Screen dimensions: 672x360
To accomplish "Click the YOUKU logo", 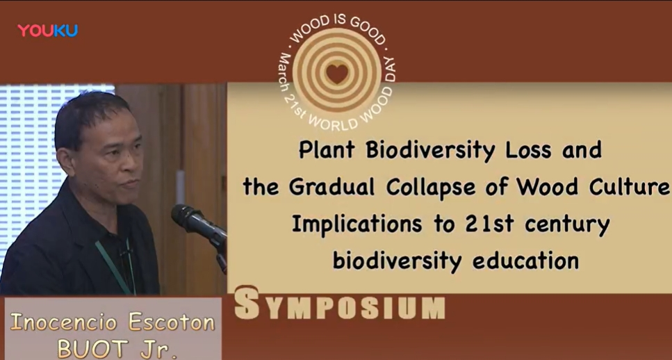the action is click(47, 31).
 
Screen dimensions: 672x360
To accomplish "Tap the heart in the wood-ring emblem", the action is click(337, 73).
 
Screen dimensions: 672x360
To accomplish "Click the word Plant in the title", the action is click(327, 150).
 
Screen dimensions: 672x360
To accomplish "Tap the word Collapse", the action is click(438, 188).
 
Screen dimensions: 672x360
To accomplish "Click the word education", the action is click(525, 261).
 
